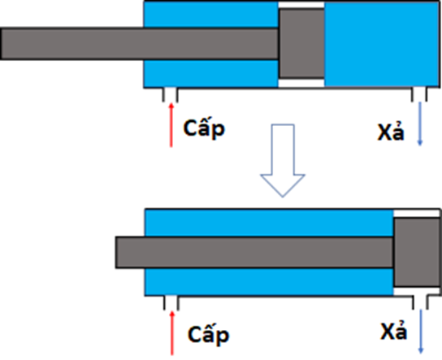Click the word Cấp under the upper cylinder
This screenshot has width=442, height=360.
point(204,128)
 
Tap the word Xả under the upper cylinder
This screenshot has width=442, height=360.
point(391,131)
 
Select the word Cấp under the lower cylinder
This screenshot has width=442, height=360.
point(208,334)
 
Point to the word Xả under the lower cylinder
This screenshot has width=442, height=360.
point(394,331)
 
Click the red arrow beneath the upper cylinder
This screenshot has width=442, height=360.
point(171,125)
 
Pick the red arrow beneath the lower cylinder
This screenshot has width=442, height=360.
point(172,333)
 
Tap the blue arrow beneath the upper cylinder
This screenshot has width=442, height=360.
point(420,124)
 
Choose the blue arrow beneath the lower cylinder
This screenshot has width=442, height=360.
point(421,332)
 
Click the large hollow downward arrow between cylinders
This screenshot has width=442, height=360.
point(283,160)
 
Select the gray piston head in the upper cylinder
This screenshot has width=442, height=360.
point(301,43)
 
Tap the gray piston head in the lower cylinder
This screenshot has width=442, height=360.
point(417,252)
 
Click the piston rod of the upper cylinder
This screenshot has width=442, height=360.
point(140,44)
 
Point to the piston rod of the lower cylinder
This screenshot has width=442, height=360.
point(254,252)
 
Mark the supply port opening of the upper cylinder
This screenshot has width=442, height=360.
point(170,95)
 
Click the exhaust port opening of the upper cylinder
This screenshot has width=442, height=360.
point(419,94)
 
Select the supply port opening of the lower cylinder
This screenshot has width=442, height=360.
point(171,303)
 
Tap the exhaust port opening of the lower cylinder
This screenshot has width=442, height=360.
point(420,302)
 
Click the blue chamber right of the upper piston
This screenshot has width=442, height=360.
point(381,44)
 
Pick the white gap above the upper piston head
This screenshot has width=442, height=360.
point(301,5)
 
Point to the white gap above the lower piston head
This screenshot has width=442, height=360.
point(416,214)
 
